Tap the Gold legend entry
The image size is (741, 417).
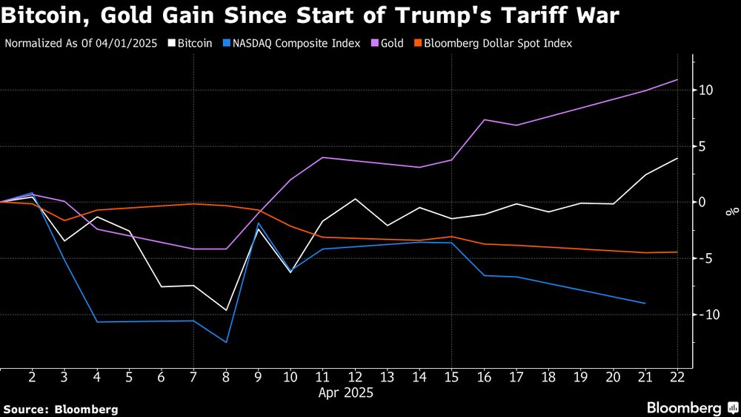tap(392, 43)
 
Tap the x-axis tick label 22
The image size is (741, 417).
tap(677, 377)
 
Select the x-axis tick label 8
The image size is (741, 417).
tap(226, 377)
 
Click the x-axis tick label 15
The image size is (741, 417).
tap(451, 377)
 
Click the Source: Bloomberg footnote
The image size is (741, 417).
tap(61, 409)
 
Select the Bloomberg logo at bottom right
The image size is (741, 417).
tap(691, 407)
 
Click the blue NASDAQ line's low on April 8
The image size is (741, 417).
tap(226, 342)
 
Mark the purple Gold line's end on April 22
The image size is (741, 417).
tap(677, 79)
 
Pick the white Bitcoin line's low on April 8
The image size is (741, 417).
tap(226, 310)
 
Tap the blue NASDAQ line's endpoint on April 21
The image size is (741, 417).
tap(645, 303)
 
